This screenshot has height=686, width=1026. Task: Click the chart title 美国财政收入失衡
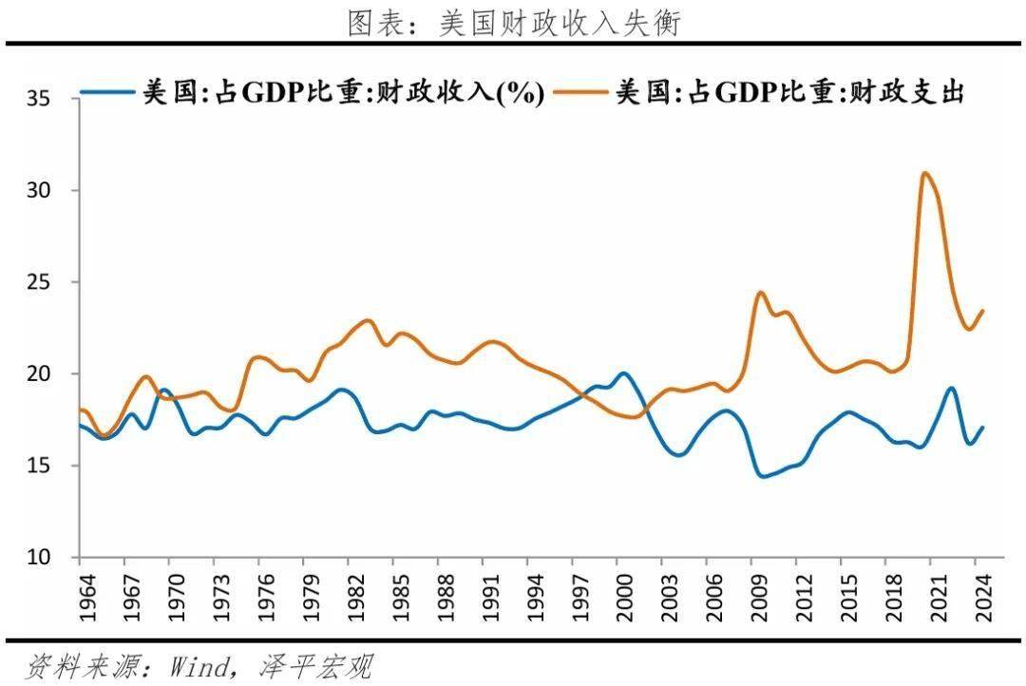click(x=514, y=23)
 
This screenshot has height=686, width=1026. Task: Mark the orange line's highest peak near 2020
click(x=925, y=173)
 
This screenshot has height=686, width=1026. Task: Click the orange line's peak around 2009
click(x=760, y=293)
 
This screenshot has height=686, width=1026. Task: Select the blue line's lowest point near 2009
click(x=761, y=476)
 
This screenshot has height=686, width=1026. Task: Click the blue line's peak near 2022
click(x=951, y=388)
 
